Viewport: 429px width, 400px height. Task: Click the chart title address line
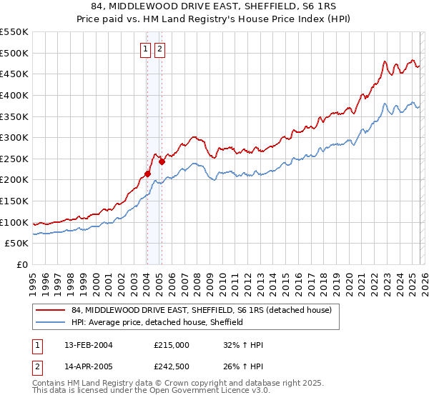pyautogui.click(x=214, y=6)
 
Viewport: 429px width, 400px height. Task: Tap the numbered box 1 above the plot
pyautogui.click(x=146, y=49)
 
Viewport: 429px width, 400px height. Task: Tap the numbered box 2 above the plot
pyautogui.click(x=159, y=49)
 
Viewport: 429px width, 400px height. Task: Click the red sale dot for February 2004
pyautogui.click(x=147, y=174)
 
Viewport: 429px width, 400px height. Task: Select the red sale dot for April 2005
pyautogui.click(x=162, y=161)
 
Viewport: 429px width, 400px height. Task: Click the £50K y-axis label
pyautogui.click(x=17, y=244)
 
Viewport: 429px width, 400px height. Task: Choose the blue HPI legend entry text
pyautogui.click(x=157, y=322)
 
